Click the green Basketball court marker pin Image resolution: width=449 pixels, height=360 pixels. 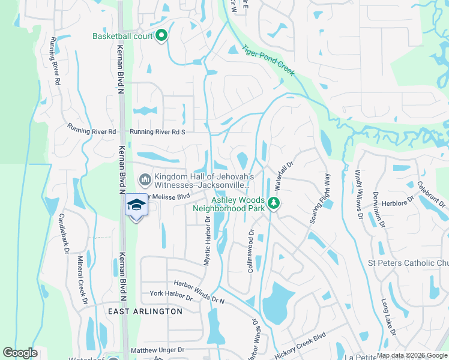pos(161,37)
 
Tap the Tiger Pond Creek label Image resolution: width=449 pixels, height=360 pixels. pos(268,61)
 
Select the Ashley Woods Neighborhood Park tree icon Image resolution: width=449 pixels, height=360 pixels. pos(274,203)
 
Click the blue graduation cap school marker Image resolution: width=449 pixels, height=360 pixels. pos(136,206)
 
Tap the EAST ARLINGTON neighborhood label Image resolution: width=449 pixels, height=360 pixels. pos(145,311)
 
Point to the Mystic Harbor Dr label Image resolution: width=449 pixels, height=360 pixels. pos(206,241)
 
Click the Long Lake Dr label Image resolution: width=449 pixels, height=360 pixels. pos(388,318)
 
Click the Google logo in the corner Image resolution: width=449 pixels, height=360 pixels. pos(20,353)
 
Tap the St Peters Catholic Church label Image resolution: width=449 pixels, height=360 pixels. pos(408,263)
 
